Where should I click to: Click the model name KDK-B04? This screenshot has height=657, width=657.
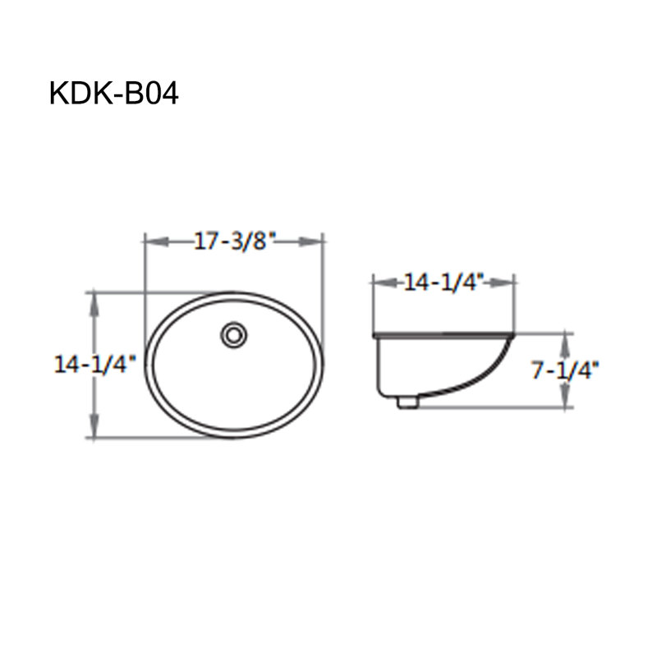[x=114, y=94]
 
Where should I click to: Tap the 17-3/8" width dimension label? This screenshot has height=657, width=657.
[x=235, y=241]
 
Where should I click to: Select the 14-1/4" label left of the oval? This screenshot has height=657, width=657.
[x=95, y=364]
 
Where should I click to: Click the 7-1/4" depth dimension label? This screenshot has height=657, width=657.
[x=565, y=370]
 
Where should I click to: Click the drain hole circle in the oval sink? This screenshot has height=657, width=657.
[x=234, y=335]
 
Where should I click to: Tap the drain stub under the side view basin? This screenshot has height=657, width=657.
[x=407, y=402]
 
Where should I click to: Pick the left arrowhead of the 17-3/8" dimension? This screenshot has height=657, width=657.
[x=157, y=241]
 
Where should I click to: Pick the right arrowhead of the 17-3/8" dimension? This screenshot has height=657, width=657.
[x=311, y=241]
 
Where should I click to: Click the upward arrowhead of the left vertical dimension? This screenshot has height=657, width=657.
[x=95, y=306]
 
